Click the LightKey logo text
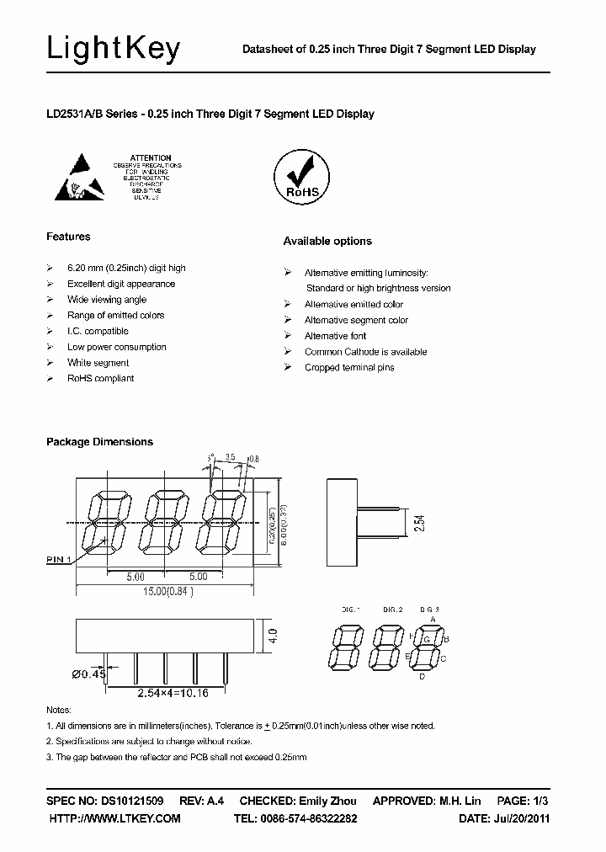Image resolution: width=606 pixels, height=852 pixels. [113, 49]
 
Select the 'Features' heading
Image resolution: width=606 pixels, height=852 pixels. [68, 237]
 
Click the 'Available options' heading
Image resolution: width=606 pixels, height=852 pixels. [327, 242]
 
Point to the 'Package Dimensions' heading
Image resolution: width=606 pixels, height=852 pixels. [99, 442]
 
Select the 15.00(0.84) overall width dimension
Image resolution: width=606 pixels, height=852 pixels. [165, 591]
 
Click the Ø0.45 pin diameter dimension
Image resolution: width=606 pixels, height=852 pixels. [90, 673]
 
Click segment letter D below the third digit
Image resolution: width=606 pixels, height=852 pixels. [422, 676]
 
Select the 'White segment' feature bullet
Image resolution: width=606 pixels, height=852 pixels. [98, 363]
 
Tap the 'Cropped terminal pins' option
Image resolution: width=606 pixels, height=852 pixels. [349, 368]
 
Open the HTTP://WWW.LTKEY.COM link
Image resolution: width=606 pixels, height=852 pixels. [114, 818]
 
